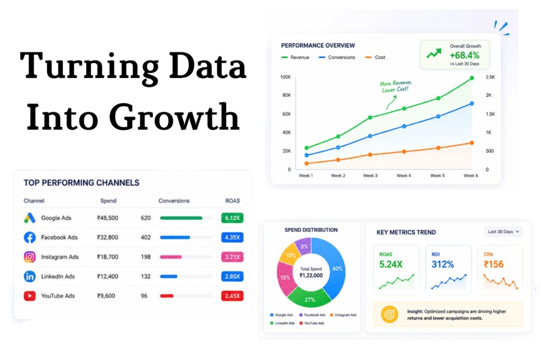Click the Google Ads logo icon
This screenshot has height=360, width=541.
click(x=30, y=218)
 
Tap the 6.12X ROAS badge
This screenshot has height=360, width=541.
click(x=232, y=218)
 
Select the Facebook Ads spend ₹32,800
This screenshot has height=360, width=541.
click(x=108, y=237)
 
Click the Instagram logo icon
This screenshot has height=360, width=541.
click(x=30, y=257)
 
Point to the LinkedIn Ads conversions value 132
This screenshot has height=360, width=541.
click(x=146, y=276)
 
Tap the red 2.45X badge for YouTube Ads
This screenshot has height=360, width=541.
click(x=232, y=296)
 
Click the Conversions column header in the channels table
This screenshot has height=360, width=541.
click(x=174, y=201)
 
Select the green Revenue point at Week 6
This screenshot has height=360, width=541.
click(x=472, y=78)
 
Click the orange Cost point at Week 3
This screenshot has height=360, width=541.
click(x=370, y=155)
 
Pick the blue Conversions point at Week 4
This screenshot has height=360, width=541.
click(x=404, y=126)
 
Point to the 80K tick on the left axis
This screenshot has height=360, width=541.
click(x=286, y=95)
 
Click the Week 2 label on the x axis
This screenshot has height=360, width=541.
click(x=338, y=176)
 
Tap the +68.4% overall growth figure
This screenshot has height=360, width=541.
click(x=464, y=55)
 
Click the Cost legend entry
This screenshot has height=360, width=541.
click(x=375, y=57)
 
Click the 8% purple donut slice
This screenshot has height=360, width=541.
click(x=304, y=245)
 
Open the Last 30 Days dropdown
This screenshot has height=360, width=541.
click(x=503, y=232)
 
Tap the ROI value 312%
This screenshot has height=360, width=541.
click(x=443, y=264)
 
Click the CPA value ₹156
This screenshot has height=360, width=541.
click(x=494, y=264)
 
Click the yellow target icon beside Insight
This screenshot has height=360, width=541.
click(x=389, y=315)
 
